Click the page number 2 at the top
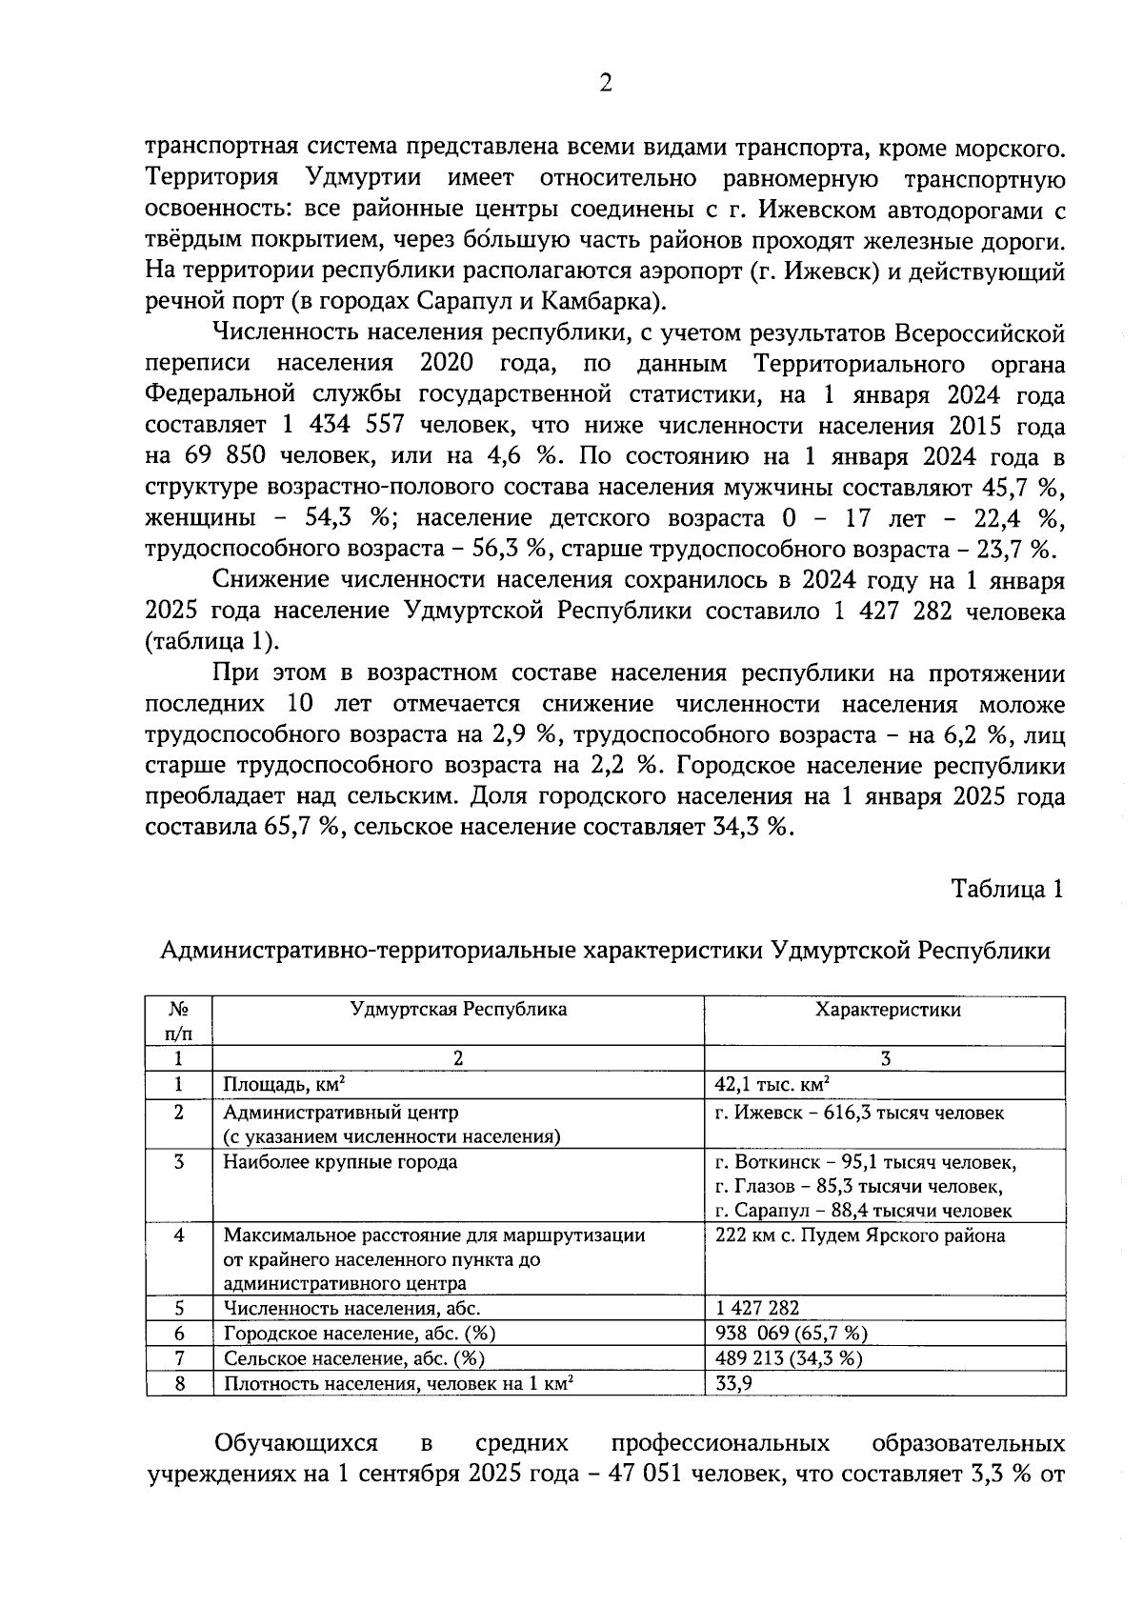[604, 84]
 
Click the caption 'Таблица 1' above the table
[1007, 889]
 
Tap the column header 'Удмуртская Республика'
[458, 1010]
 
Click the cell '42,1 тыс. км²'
[772, 1084]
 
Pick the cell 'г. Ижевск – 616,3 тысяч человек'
[858, 1113]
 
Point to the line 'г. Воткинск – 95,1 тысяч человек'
[865, 1162]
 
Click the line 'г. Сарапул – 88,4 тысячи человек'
[863, 1212]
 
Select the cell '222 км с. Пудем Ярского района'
[859, 1236]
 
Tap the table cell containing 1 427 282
[757, 1309]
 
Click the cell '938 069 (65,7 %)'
[791, 1334]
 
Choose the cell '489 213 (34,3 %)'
[789, 1358]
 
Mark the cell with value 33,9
[733, 1383]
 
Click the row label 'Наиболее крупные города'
[340, 1162]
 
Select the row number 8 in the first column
[179, 1383]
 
